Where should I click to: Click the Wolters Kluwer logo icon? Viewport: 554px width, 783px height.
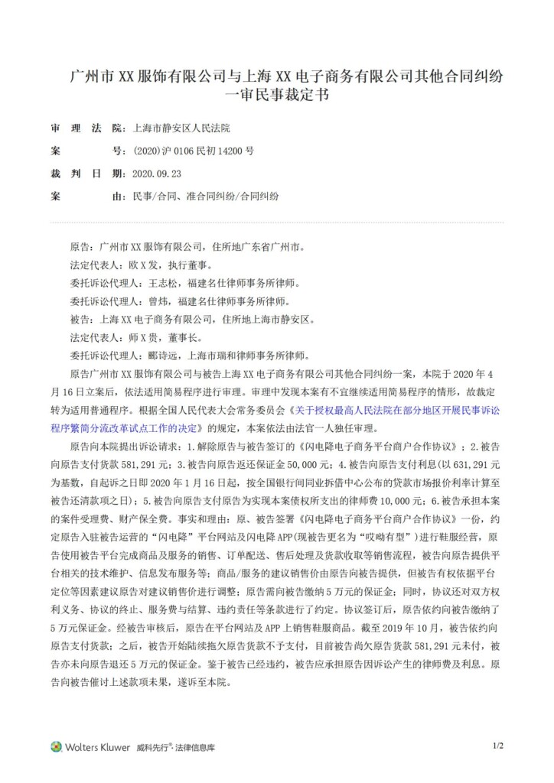(x=56, y=746)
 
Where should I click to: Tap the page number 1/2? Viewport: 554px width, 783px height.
(x=497, y=745)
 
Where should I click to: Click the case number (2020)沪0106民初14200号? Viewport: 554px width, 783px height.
(x=194, y=151)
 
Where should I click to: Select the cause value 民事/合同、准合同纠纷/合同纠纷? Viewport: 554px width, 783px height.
(x=206, y=197)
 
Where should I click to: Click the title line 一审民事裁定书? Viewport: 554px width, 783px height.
(x=276, y=96)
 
